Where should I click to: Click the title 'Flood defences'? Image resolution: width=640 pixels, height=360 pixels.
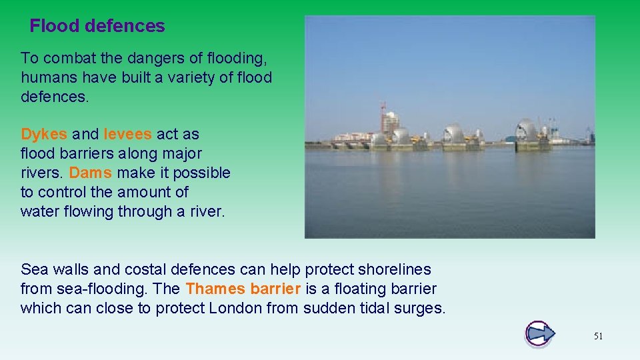click(x=97, y=26)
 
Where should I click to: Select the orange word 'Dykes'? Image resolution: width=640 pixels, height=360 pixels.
click(x=44, y=134)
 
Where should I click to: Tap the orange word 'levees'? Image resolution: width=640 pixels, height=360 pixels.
click(x=127, y=134)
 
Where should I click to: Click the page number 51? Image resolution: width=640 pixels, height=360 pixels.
click(x=598, y=336)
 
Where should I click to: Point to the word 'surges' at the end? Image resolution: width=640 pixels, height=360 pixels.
click(x=421, y=308)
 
